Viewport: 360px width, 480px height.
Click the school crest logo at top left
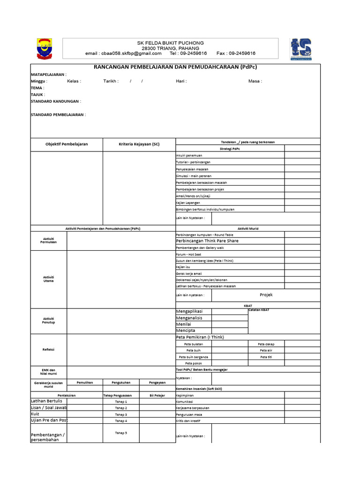pyautogui.click(x=45, y=49)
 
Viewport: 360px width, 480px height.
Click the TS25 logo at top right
pyautogui.click(x=303, y=50)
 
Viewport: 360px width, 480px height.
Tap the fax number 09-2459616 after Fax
pyautogui.click(x=242, y=53)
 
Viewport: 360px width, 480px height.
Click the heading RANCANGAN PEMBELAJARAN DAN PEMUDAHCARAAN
pyautogui.click(x=175, y=67)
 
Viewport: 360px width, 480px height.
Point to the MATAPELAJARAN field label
pyautogui.click(x=48, y=75)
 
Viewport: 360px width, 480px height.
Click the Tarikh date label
pyautogui.click(x=111, y=81)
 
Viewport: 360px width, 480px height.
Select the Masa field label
pyautogui.click(x=255, y=81)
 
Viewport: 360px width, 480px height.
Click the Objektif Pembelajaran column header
pyautogui.click(x=67, y=144)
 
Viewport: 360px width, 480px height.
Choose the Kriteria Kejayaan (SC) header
pyautogui.click(x=139, y=144)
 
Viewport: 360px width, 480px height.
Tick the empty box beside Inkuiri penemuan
pyautogui.click(x=302, y=155)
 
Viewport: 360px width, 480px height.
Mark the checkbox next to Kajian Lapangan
pyautogui.click(x=302, y=202)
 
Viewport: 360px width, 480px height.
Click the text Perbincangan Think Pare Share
pyautogui.click(x=207, y=241)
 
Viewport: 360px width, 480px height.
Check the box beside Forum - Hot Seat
pyautogui.click(x=302, y=254)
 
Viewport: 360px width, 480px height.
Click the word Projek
pyautogui.click(x=266, y=295)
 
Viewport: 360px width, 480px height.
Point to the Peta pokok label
pyautogui.click(x=194, y=363)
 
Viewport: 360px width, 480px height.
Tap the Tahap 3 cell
pyautogui.click(x=121, y=415)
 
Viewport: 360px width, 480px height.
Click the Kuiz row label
pyautogui.click(x=35, y=414)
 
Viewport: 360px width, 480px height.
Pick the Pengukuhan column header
pyautogui.click(x=121, y=382)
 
